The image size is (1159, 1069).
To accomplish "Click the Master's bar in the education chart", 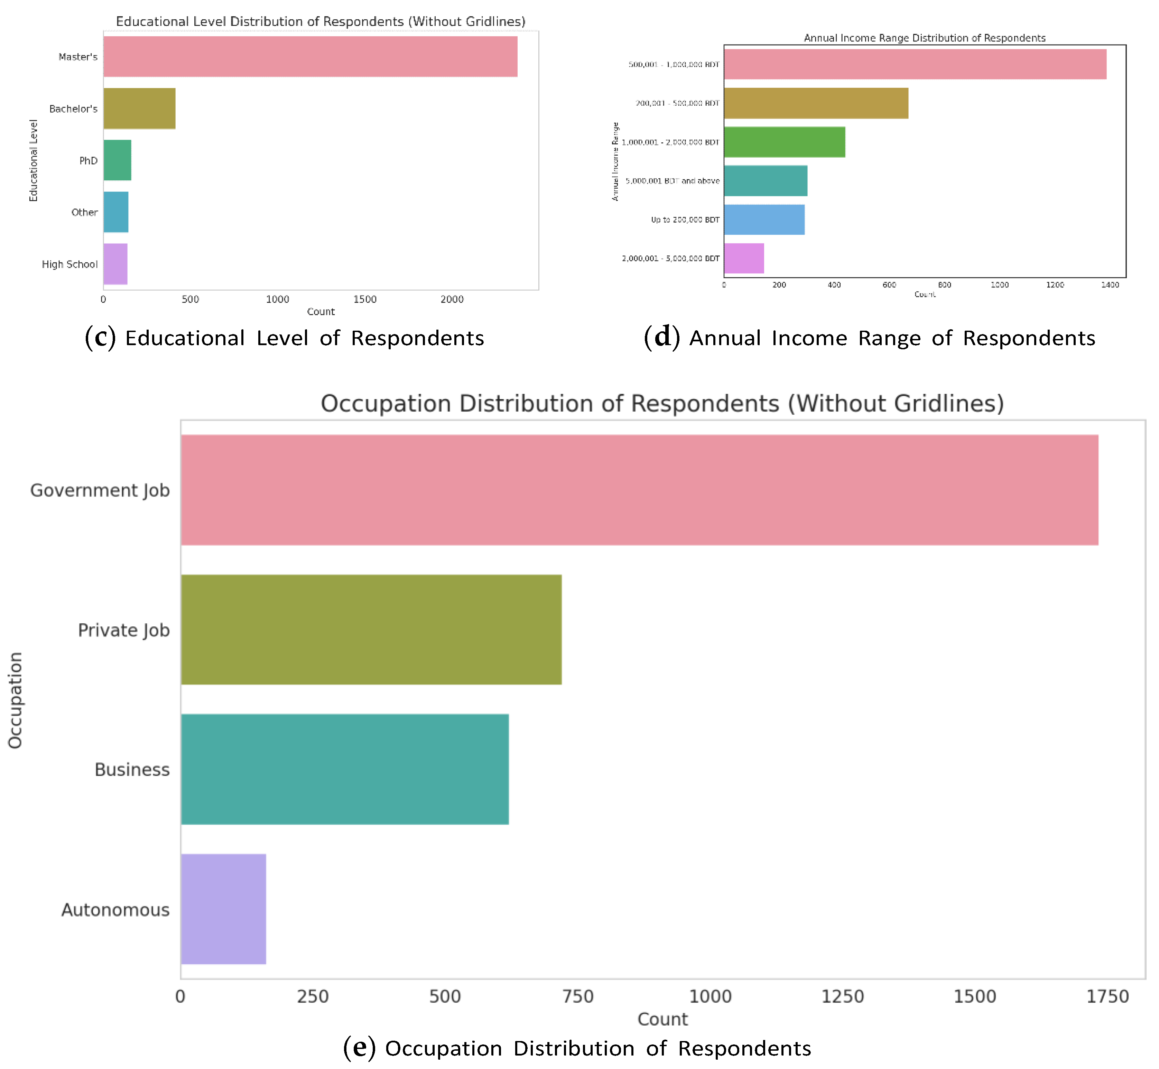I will point(310,57).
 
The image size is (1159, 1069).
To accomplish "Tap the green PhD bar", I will point(118,160).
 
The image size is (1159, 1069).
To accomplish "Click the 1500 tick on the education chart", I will point(365,299).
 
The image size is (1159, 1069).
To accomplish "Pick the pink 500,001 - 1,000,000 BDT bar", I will point(915,64).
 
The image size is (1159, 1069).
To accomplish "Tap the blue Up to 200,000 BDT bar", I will point(764,219).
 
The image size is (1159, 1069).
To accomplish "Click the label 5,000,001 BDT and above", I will point(673,181).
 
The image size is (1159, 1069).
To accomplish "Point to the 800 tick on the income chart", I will point(944,285).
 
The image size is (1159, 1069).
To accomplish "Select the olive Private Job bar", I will point(371,630).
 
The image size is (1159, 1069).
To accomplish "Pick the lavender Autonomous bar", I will point(223,909).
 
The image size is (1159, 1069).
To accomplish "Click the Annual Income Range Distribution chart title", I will point(925,38).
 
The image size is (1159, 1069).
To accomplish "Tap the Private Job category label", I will point(124,630).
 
